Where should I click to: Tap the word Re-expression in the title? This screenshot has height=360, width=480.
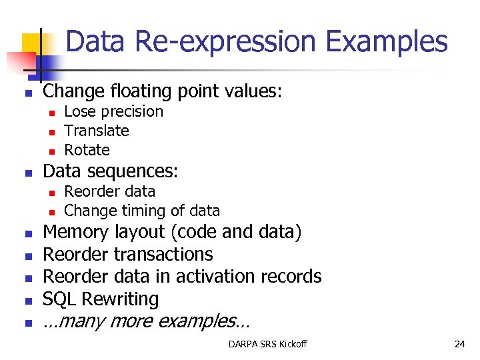pyautogui.click(x=223, y=41)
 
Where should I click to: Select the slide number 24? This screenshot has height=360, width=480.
pyautogui.click(x=459, y=344)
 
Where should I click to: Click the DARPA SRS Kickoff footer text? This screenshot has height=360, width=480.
pyautogui.click(x=267, y=344)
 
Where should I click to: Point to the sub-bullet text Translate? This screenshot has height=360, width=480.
pyautogui.click(x=97, y=131)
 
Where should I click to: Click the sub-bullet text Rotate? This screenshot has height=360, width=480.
pyautogui.click(x=87, y=150)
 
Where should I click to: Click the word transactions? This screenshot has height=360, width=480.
pyautogui.click(x=163, y=254)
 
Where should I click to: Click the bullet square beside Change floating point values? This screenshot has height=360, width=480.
pyautogui.click(x=27, y=93)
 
